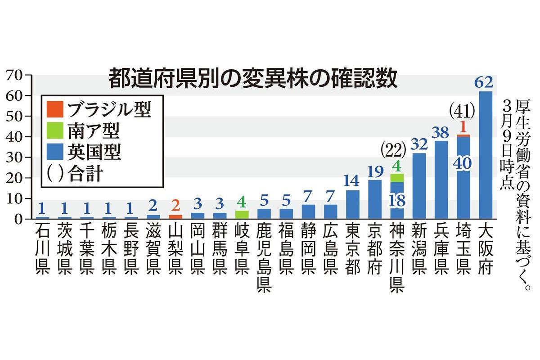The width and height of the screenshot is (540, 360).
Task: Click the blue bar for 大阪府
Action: pos(486,155)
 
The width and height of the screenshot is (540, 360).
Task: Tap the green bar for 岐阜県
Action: pos(242,215)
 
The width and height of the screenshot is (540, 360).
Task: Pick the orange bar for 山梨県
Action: pos(175,217)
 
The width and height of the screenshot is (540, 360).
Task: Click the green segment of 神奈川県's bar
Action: pos(397,178)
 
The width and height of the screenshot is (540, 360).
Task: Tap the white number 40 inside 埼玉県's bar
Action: pos(463,163)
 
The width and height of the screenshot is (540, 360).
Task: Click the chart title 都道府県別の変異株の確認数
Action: pos(253,78)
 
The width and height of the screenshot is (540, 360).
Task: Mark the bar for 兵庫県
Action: pos(441,180)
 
